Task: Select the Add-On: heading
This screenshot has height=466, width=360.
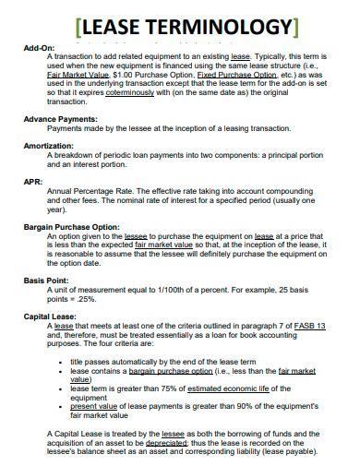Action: [x=40, y=46]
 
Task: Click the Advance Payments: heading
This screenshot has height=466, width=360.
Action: [x=62, y=120]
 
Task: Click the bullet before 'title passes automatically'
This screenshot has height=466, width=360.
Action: [x=59, y=361]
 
